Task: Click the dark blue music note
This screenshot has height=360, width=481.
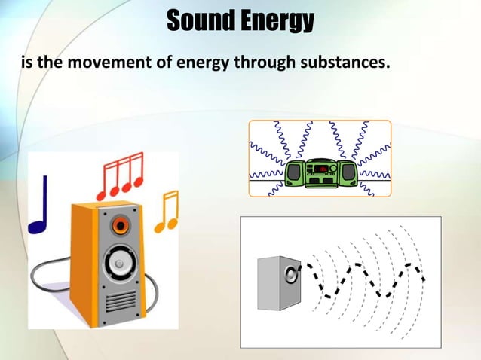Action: click(38, 208)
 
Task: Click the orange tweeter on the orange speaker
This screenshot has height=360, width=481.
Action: click(119, 224)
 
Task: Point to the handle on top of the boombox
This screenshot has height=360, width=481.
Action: click(320, 160)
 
